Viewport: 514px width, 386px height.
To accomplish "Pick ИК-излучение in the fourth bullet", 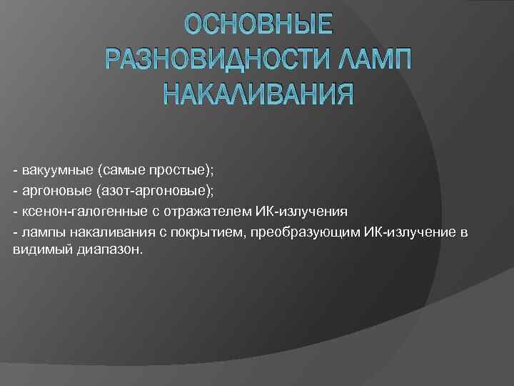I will coord(386,233).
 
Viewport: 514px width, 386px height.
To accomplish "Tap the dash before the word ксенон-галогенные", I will coord(15,212).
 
